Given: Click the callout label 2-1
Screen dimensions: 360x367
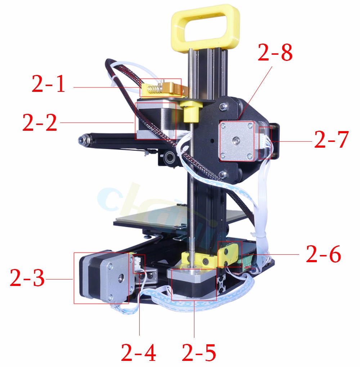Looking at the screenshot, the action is click(48, 84).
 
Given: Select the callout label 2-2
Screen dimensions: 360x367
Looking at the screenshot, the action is click(40, 122).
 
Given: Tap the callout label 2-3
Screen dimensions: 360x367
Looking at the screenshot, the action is click(27, 278).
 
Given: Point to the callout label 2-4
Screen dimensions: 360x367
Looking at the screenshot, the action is click(138, 353).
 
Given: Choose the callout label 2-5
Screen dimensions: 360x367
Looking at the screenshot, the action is click(199, 353).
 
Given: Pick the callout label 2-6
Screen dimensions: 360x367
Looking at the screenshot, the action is click(323, 254).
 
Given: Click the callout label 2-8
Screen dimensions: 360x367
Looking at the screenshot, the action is click(275, 53).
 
